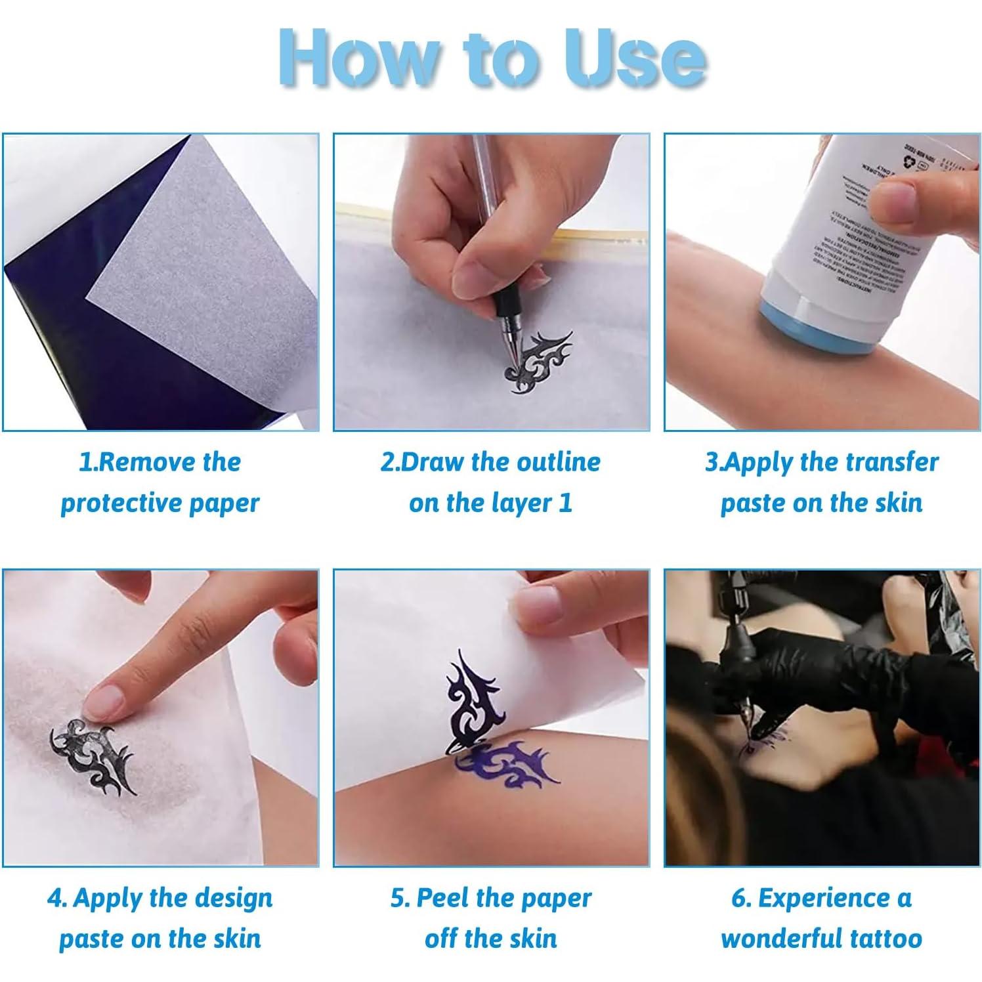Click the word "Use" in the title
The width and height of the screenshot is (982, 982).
(633, 59)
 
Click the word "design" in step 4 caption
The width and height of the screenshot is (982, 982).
(233, 898)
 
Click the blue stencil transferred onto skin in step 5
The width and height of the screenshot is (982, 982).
(509, 765)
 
